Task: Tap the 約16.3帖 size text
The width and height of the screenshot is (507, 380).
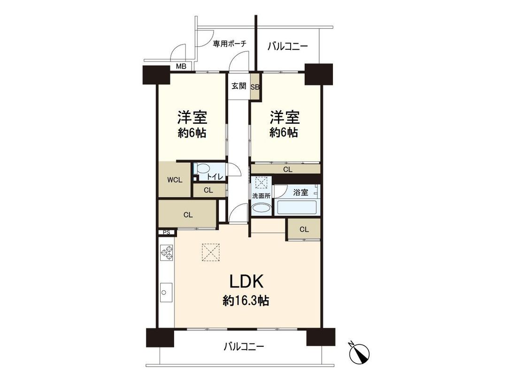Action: (246, 301)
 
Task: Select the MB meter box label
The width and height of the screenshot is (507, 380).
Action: (181, 66)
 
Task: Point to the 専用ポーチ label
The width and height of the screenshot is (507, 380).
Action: (230, 44)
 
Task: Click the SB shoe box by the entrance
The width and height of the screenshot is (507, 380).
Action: (255, 86)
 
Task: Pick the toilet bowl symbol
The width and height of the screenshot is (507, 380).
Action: (203, 168)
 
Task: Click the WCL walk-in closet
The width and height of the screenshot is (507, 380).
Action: (174, 179)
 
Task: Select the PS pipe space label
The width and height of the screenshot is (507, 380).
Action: (166, 232)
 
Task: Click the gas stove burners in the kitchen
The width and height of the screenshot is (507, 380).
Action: (167, 254)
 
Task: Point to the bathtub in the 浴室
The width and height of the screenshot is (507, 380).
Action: (297, 207)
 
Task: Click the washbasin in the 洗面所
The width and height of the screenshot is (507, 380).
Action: (261, 209)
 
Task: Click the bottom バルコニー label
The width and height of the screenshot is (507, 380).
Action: (244, 347)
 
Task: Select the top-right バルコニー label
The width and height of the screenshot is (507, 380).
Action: (287, 46)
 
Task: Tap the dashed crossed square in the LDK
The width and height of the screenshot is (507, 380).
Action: (210, 252)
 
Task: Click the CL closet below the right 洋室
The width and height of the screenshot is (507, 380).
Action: (286, 168)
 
